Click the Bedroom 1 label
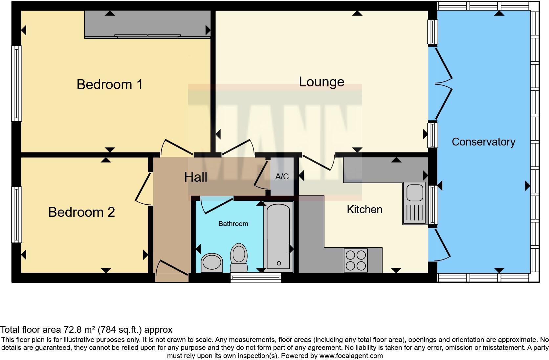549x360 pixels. click(x=110, y=84)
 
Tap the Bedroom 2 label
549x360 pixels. click(x=81, y=212)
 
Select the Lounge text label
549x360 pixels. click(x=321, y=82)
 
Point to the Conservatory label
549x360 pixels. click(x=483, y=142)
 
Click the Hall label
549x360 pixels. click(x=195, y=177)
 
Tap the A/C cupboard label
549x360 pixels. click(x=282, y=177)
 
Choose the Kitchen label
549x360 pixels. click(x=364, y=210)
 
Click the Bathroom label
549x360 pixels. click(x=233, y=224)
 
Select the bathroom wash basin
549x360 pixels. click(x=211, y=263)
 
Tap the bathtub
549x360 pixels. click(x=278, y=236)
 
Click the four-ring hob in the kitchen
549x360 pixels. click(x=356, y=260)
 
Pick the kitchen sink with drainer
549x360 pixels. click(x=414, y=203)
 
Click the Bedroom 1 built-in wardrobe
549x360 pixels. click(x=147, y=24)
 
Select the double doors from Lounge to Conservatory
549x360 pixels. click(x=443, y=84)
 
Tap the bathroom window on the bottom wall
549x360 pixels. click(x=256, y=278)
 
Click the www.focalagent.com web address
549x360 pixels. click(x=351, y=356)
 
